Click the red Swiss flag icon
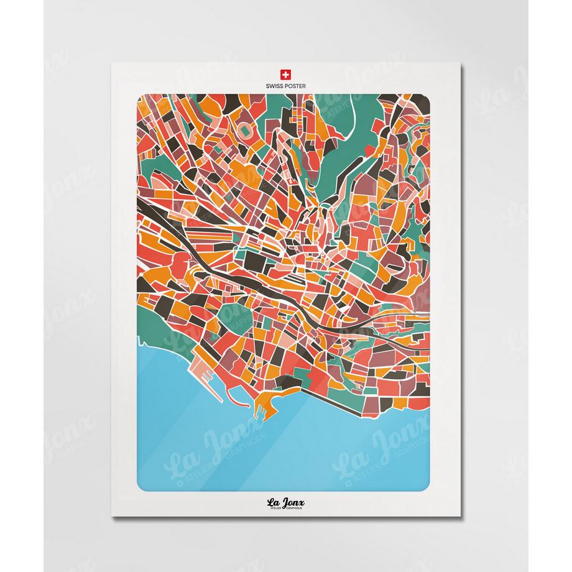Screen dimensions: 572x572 point(286,72)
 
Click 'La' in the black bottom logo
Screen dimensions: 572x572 point(274,502)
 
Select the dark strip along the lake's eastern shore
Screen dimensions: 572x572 point(373,398)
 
